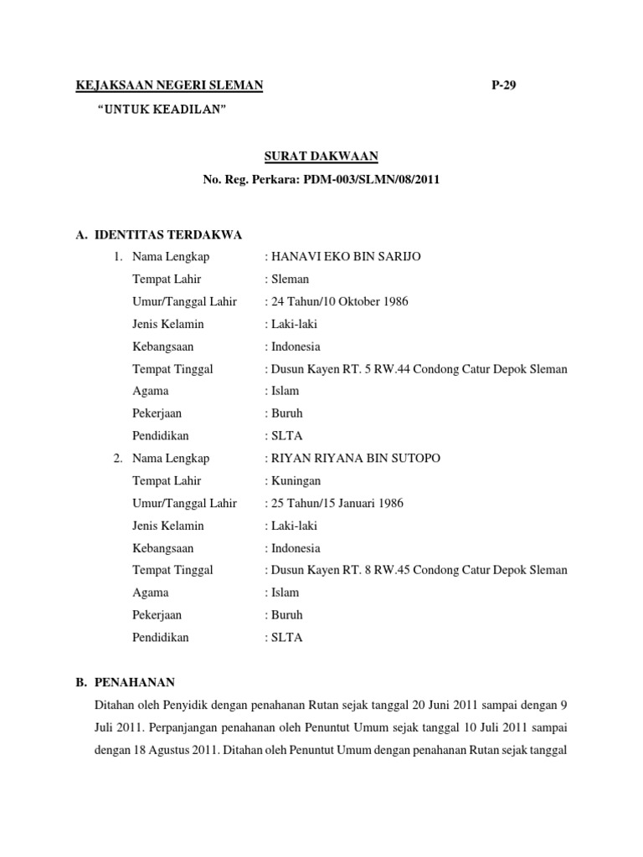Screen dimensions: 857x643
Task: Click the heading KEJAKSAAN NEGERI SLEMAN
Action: (170, 85)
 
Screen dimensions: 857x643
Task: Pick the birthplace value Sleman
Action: (290, 279)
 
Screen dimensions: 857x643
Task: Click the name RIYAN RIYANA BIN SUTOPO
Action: (355, 458)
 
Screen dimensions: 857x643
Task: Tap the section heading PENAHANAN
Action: (134, 681)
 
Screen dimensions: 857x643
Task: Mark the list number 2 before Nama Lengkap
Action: (117, 458)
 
